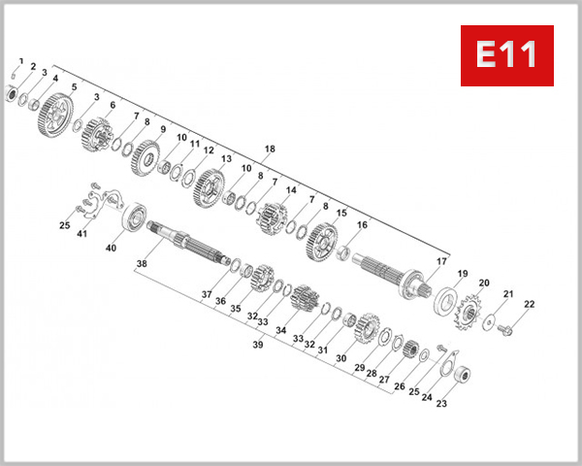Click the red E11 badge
click(505, 55)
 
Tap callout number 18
click(270, 150)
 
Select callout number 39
click(258, 345)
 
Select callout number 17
click(441, 261)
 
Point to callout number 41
click(81, 234)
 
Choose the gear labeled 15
click(322, 242)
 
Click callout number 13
click(226, 159)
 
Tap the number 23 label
click(441, 405)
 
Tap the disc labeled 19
click(448, 301)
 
